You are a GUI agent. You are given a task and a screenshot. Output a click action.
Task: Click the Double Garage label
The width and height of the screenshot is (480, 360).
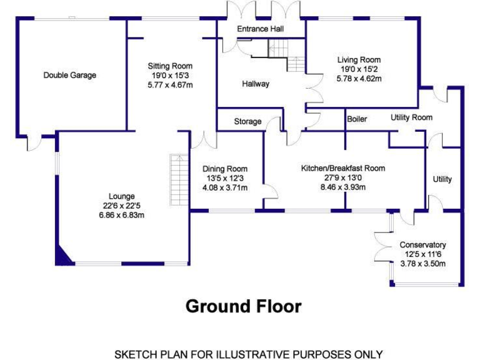[x=69, y=76]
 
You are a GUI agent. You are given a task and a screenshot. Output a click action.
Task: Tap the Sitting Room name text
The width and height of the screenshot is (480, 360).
[x=170, y=66]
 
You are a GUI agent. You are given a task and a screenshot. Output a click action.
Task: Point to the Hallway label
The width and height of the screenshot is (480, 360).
[x=256, y=84]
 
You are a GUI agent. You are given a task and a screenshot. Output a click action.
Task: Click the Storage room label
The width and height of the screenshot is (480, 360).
[x=247, y=121]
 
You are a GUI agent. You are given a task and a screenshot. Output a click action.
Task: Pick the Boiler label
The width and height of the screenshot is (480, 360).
[x=357, y=119]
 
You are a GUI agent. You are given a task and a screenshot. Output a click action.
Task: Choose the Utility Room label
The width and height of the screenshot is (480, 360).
[x=411, y=117]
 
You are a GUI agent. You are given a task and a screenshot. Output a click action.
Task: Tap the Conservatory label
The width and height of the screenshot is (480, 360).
[x=423, y=245]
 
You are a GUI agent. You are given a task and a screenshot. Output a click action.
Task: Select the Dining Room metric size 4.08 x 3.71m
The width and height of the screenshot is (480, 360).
[x=224, y=187]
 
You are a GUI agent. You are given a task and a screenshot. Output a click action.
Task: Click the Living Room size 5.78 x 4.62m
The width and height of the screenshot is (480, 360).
[x=359, y=79]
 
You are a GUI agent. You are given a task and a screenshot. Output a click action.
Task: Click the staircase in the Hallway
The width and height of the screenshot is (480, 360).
[x=285, y=54]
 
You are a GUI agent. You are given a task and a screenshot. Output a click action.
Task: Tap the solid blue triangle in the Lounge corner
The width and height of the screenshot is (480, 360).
[x=63, y=255]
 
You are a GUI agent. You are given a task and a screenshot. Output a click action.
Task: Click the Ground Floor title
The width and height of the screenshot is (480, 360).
[x=244, y=307]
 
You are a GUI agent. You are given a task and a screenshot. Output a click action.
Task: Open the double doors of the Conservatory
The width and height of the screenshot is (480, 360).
[x=382, y=245]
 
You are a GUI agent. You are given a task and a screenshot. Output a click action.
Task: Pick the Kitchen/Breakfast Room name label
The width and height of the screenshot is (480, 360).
[x=342, y=168]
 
